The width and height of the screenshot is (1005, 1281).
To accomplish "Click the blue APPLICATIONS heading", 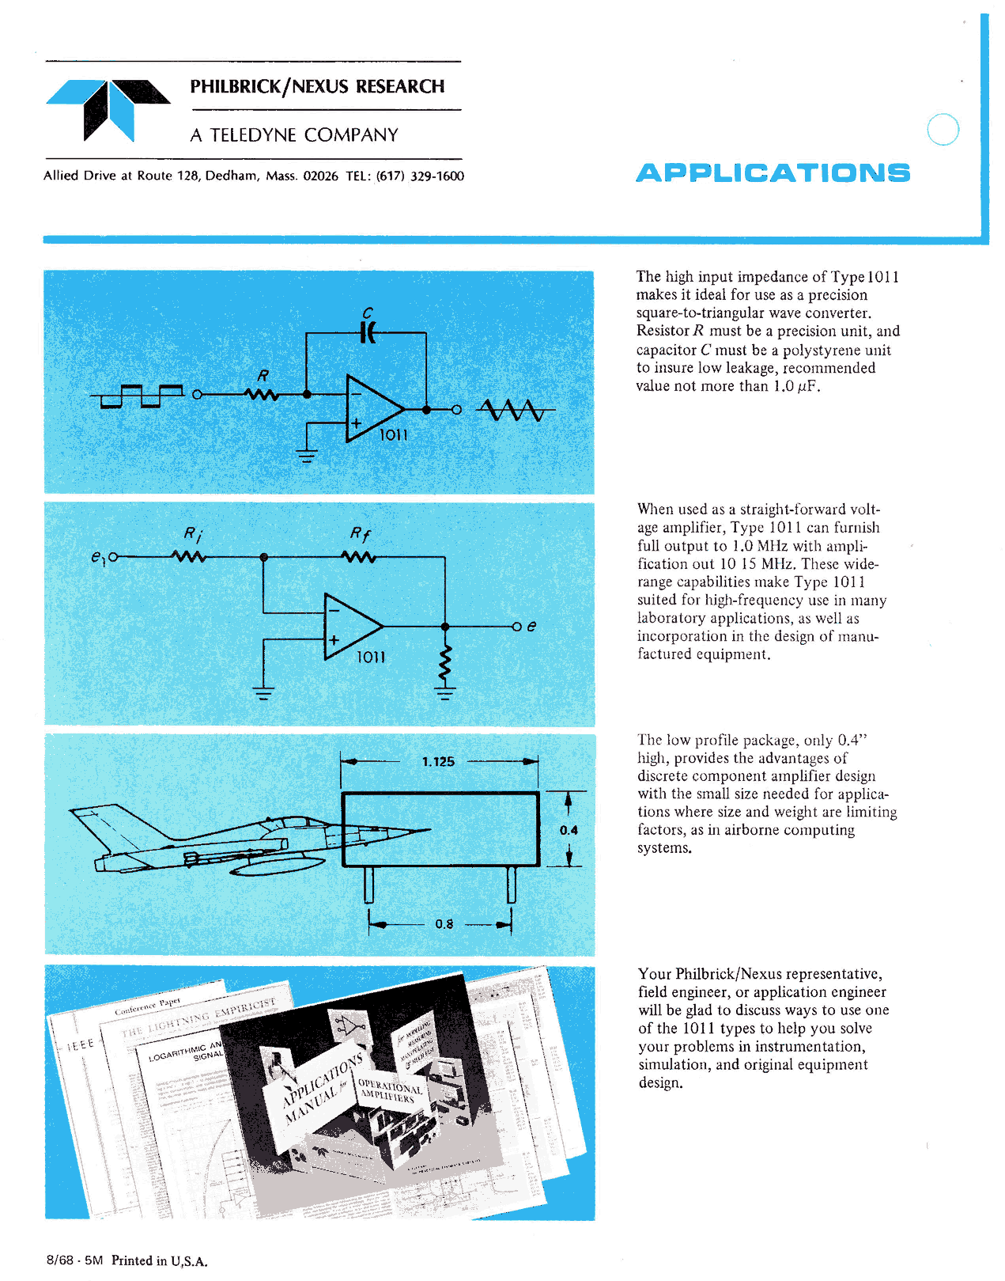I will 773,173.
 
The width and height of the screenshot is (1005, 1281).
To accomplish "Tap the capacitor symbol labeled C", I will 368,333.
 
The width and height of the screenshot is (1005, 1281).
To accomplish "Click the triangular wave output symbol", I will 514,410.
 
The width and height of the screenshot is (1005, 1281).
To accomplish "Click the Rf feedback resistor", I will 359,557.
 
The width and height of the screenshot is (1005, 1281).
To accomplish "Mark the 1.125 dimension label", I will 438,762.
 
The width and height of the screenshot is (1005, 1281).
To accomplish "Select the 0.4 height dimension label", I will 569,830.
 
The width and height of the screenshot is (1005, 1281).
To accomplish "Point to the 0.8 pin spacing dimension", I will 444,923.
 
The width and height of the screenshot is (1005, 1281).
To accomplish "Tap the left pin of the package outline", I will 368,885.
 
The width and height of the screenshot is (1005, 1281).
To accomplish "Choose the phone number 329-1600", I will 436,176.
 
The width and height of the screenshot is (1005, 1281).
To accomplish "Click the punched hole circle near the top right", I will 943,130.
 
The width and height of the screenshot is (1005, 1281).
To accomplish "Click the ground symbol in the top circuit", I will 307,455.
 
